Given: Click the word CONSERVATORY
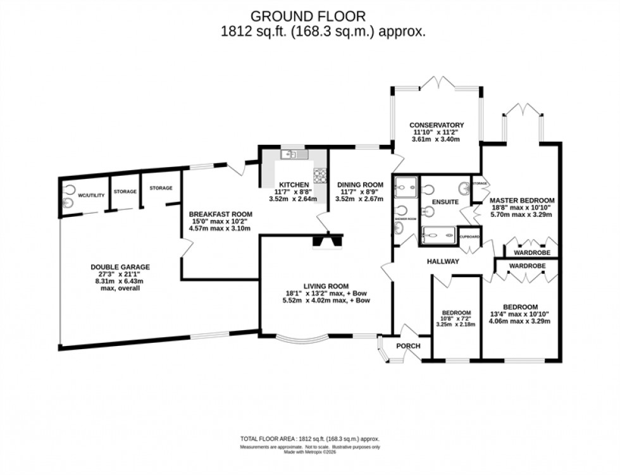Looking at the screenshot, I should [437, 125].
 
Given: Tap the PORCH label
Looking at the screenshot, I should [409, 346].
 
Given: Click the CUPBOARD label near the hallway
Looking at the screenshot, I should [469, 237].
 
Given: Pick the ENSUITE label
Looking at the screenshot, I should [445, 202].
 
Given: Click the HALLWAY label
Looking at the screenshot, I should [442, 261].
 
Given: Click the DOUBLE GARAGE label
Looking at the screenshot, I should [120, 267].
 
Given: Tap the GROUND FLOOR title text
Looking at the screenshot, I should [308, 16].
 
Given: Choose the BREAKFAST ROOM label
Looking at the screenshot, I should [221, 214].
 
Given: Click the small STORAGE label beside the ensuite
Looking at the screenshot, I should [480, 184].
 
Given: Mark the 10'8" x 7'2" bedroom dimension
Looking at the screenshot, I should [456, 319].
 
